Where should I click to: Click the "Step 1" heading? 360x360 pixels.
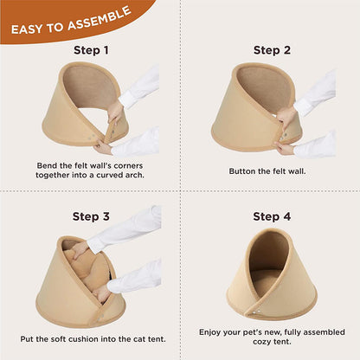pyautogui.click(x=91, y=50)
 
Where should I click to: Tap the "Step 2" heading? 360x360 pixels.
pyautogui.click(x=272, y=50)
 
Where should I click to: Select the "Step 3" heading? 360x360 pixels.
pyautogui.click(x=91, y=216)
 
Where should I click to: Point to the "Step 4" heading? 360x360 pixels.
pyautogui.click(x=272, y=216)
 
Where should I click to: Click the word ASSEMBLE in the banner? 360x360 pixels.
pyautogui.click(x=100, y=18)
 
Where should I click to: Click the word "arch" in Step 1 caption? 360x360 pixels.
pyautogui.click(x=135, y=175)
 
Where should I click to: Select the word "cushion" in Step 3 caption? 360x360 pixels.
pyautogui.click(x=80, y=339)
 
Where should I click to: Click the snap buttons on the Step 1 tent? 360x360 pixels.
pyautogui.click(x=92, y=137)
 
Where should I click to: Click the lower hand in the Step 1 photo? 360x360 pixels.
pyautogui.click(x=102, y=146)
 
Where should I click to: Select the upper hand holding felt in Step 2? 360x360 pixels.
pyautogui.click(x=286, y=118)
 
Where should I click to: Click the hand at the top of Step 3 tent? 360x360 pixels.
pyautogui.click(x=80, y=249)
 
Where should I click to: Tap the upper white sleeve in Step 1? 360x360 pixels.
pyautogui.click(x=139, y=86)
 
